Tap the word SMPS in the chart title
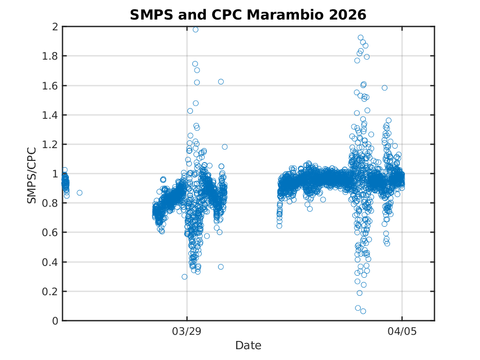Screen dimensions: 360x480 149,15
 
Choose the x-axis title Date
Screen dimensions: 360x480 248,345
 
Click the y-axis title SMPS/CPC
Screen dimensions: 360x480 32,174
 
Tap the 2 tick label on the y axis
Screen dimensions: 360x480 55,27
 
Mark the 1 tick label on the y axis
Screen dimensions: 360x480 55,174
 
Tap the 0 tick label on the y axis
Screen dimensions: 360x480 55,321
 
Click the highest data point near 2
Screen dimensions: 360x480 195,29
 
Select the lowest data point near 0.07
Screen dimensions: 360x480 363,311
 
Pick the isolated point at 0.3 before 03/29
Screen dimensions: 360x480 184,277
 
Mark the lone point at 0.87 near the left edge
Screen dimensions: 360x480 79,193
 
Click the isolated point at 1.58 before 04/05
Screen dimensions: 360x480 384,88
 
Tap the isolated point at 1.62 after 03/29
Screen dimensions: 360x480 221,82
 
